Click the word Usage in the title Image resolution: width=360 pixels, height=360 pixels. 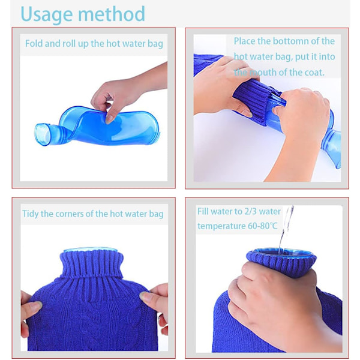(x=47, y=15)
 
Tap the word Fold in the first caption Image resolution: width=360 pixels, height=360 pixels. (x=34, y=43)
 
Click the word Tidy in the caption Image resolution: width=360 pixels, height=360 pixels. (x=31, y=214)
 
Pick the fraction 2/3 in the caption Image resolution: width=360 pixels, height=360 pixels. (x=250, y=211)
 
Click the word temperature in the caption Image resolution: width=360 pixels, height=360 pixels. (x=221, y=226)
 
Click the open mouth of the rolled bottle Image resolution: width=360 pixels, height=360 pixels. (x=42, y=134)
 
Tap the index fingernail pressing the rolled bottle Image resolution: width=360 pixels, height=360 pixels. (x=109, y=119)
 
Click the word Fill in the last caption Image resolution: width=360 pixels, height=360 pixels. (x=203, y=211)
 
